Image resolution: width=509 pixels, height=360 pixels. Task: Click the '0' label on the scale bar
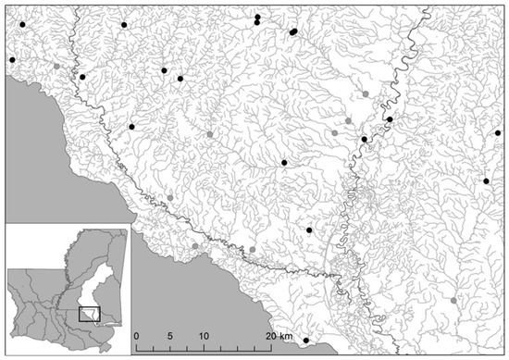coord(136,334)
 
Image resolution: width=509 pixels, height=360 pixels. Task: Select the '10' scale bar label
coord(202,334)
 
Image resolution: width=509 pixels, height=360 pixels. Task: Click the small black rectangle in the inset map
coord(89,314)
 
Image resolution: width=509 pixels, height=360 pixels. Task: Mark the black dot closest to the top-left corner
coord(23,25)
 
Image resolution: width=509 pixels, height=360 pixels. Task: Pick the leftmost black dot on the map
coord(12,60)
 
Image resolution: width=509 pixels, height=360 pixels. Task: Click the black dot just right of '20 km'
coord(305,341)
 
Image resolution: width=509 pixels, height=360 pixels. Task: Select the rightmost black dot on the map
coord(498,133)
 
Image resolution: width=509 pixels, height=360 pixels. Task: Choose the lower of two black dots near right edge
coord(486,181)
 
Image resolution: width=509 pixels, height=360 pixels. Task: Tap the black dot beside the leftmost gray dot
coord(82,77)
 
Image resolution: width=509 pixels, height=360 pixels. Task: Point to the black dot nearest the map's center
coord(284,163)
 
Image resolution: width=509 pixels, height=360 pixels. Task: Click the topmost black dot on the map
coord(257,17)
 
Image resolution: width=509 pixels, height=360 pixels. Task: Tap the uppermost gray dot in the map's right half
coord(366,94)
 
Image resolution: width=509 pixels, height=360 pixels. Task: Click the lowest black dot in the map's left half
coord(131,126)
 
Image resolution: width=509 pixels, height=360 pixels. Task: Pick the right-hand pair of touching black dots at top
coord(292,31)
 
